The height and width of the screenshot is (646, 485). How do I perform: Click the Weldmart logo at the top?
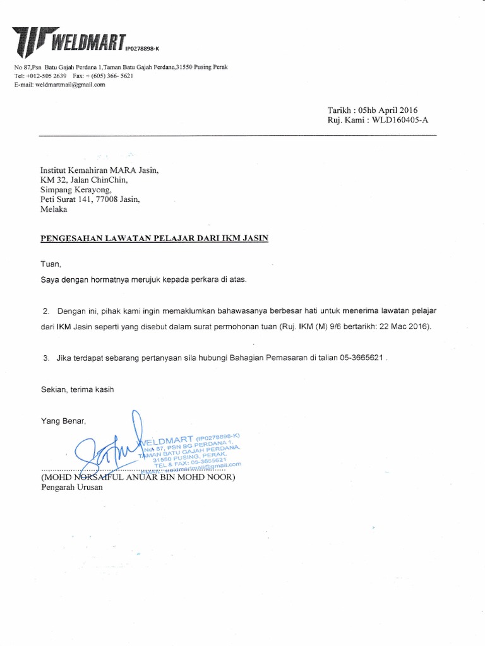point(69,41)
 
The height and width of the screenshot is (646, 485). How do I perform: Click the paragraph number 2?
point(45,312)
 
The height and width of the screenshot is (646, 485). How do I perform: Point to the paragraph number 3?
point(46,358)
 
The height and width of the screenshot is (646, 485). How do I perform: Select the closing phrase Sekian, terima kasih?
point(77,389)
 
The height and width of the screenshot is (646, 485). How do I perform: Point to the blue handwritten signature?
point(114,451)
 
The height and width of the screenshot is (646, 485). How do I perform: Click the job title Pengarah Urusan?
point(67,488)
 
